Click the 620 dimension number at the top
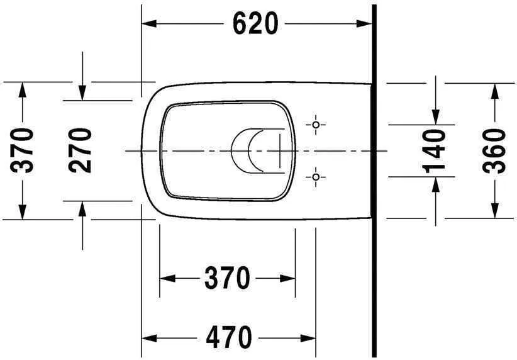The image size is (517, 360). [255, 24]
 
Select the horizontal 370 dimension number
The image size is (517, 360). [227, 278]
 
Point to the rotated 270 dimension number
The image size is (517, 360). [81, 150]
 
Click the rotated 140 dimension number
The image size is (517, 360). [435, 150]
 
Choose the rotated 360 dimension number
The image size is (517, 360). [495, 150]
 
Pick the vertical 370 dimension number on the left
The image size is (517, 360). [23, 150]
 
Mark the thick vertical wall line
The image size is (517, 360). [374, 189]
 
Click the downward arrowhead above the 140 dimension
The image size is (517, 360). [435, 117]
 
